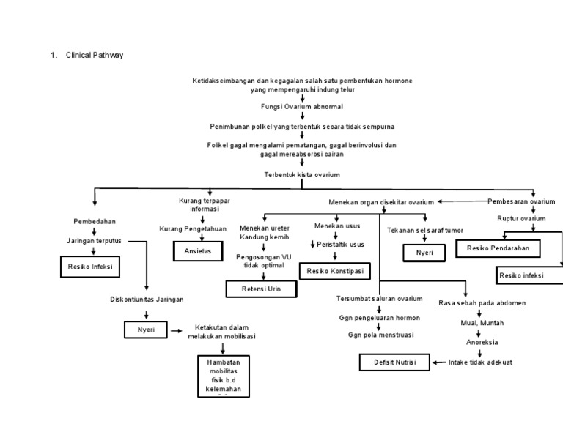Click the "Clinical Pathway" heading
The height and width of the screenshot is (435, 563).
tap(94, 55)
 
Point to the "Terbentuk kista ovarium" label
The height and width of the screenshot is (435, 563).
tap(302, 175)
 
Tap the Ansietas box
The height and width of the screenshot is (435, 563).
tap(196, 250)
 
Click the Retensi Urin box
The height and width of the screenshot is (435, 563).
tap(261, 289)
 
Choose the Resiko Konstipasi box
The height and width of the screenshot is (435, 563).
tap(334, 271)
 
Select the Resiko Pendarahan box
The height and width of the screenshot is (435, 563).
tap(503, 249)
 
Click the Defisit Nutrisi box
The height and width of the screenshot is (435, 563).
tap(394, 362)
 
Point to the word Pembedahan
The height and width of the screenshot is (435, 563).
tap(94, 221)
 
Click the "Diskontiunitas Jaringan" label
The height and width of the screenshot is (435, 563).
tap(147, 299)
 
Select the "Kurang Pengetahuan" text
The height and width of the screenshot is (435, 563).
tap(193, 229)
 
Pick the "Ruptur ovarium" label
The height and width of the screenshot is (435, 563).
tap(521, 218)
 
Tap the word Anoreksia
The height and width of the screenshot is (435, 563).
tap(482, 341)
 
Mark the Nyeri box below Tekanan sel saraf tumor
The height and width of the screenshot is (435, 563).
tap(424, 253)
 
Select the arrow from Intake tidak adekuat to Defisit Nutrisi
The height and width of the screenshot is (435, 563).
tap(438, 362)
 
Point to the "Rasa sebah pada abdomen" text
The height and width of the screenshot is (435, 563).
tap(482, 302)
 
